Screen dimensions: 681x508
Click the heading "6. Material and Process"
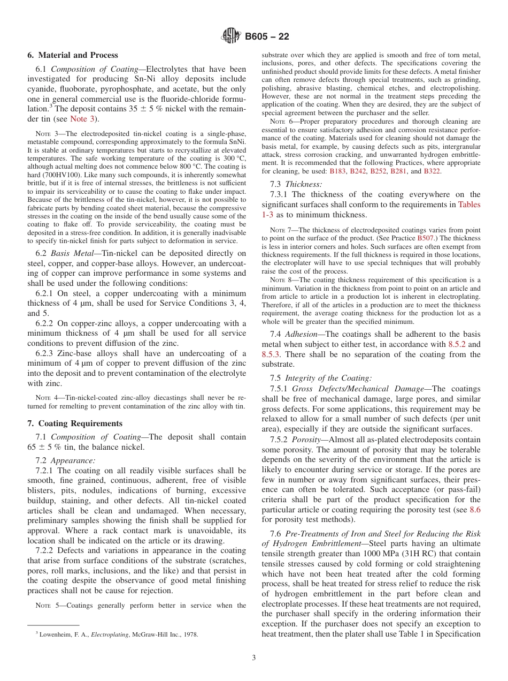(x=73, y=55)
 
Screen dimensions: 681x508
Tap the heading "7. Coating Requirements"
(x=75, y=423)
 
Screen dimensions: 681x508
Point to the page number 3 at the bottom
(x=254, y=657)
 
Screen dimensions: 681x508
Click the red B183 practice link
(x=337, y=171)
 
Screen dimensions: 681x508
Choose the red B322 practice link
(x=432, y=171)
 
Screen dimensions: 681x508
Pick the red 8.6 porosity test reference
(x=474, y=510)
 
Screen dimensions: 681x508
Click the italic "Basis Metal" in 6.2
(x=71, y=253)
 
